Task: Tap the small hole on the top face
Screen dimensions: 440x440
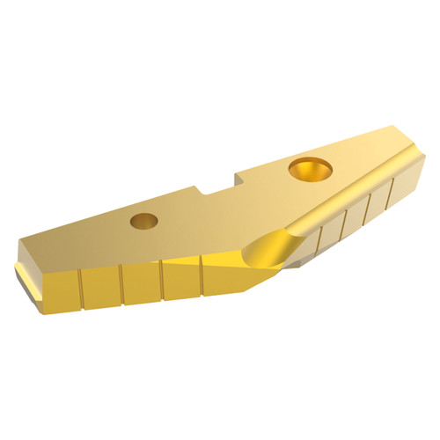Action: pyautogui.click(x=142, y=221)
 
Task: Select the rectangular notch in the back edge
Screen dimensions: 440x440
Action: pyautogui.click(x=220, y=183)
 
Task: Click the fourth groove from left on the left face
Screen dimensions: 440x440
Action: pyautogui.click(x=202, y=272)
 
